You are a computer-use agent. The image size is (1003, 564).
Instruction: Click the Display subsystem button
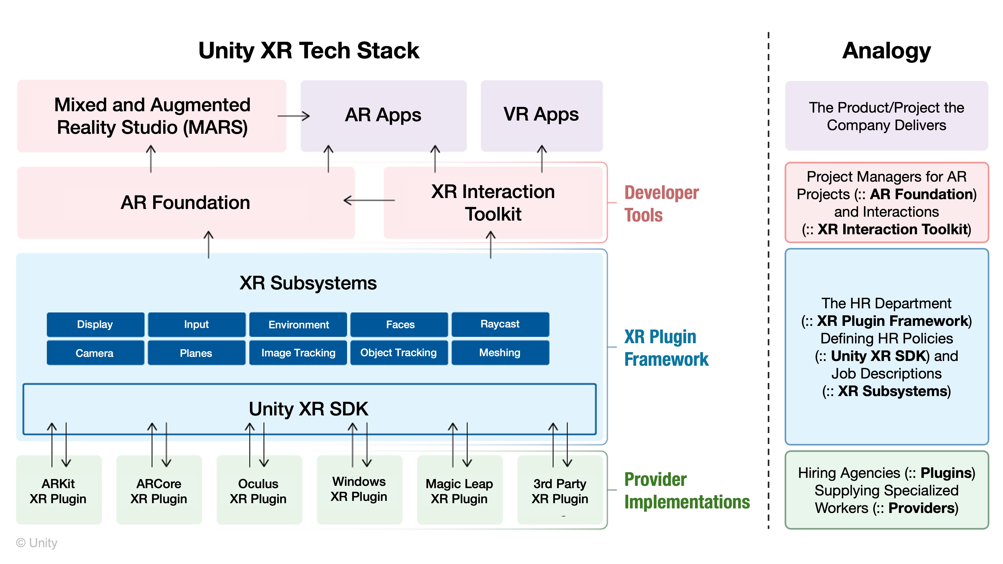pyautogui.click(x=95, y=324)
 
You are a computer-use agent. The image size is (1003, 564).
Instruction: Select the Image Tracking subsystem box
pyautogui.click(x=298, y=353)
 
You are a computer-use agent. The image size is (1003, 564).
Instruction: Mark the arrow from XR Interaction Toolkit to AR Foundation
pyautogui.click(x=369, y=201)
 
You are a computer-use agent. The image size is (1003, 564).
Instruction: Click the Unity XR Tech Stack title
pyautogui.click(x=309, y=51)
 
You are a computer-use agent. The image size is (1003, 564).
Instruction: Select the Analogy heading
pyautogui.click(x=886, y=51)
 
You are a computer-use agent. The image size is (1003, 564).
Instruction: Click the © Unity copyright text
pyautogui.click(x=37, y=543)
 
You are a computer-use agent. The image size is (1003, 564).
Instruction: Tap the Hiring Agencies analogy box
pyautogui.click(x=886, y=490)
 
